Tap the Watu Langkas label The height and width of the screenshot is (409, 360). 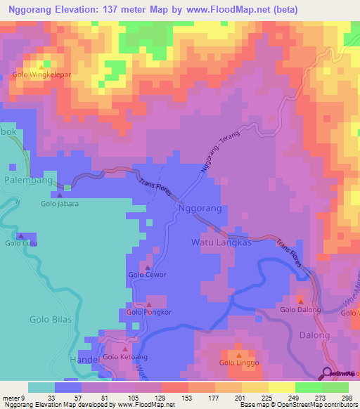pos(221,242)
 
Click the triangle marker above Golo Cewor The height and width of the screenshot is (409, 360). pos(146,267)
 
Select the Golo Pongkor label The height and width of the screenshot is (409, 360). pos(149,311)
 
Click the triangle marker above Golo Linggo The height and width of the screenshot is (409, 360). pos(238,354)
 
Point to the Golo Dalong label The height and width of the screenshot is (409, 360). pos(301,309)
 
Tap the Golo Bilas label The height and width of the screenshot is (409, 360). pos(49,319)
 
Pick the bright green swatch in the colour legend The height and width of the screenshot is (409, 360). pos(309,387)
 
